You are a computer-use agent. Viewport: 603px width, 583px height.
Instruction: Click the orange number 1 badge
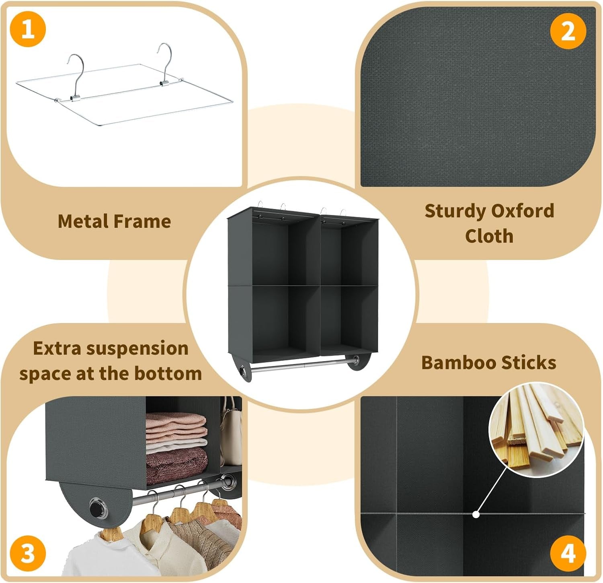[27, 29]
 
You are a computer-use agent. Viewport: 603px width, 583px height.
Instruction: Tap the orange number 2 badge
[568, 31]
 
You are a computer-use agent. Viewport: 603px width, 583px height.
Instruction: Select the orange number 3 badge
[27, 554]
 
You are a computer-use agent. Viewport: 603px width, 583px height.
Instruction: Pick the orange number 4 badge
[568, 554]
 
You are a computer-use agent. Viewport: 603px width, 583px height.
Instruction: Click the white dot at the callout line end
[476, 514]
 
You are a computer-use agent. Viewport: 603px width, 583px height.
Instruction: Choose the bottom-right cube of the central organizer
[349, 318]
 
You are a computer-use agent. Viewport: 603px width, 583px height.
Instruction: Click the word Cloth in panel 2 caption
[489, 236]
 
